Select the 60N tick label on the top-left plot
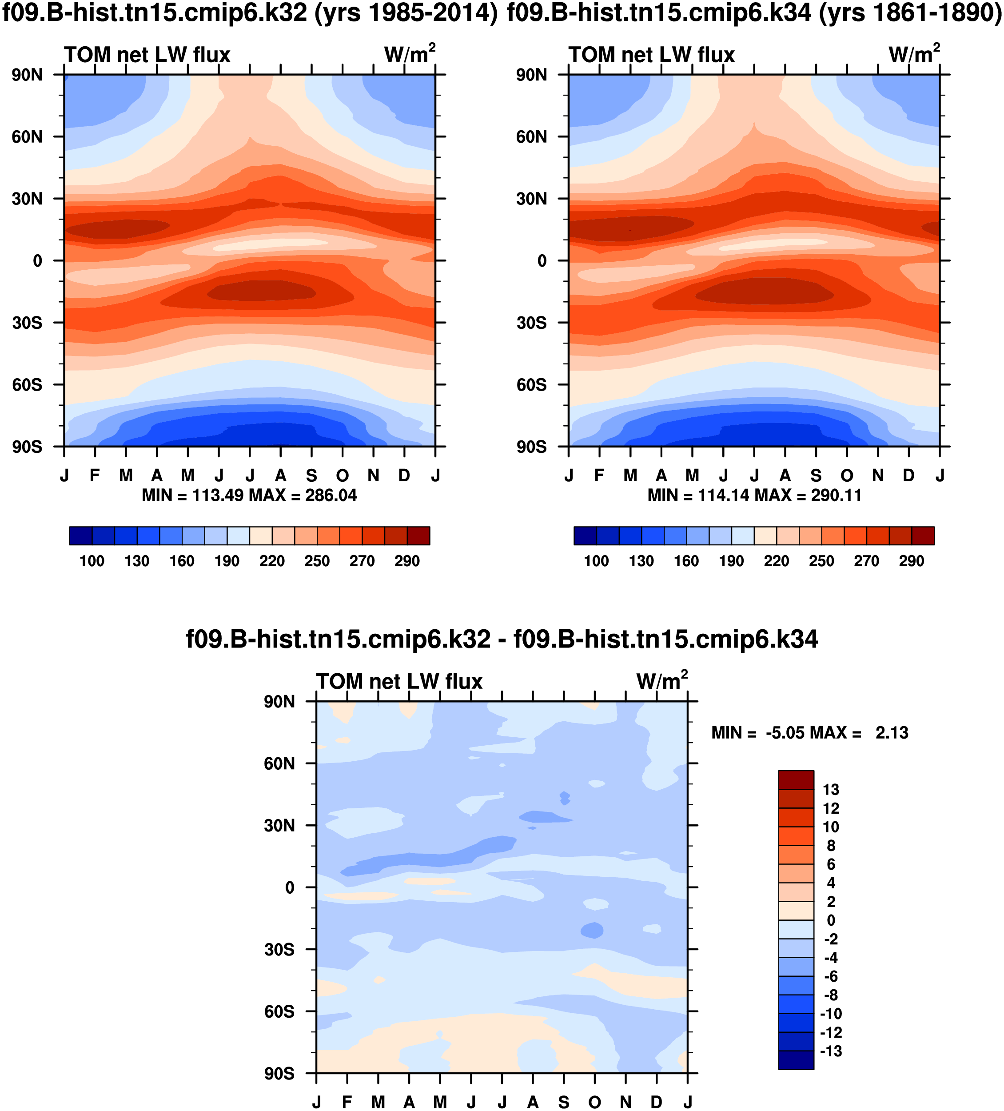(27, 137)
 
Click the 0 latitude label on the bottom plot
(289, 888)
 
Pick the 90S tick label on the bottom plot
(279, 1074)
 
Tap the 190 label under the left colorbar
(227, 561)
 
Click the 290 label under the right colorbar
(912, 561)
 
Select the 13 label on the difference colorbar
(830, 790)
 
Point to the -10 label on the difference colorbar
(830, 1014)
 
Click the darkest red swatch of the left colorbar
(418, 536)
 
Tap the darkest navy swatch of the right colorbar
(585, 536)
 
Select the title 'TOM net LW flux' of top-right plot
(651, 55)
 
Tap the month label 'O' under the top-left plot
(343, 475)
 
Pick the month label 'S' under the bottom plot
(563, 1102)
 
